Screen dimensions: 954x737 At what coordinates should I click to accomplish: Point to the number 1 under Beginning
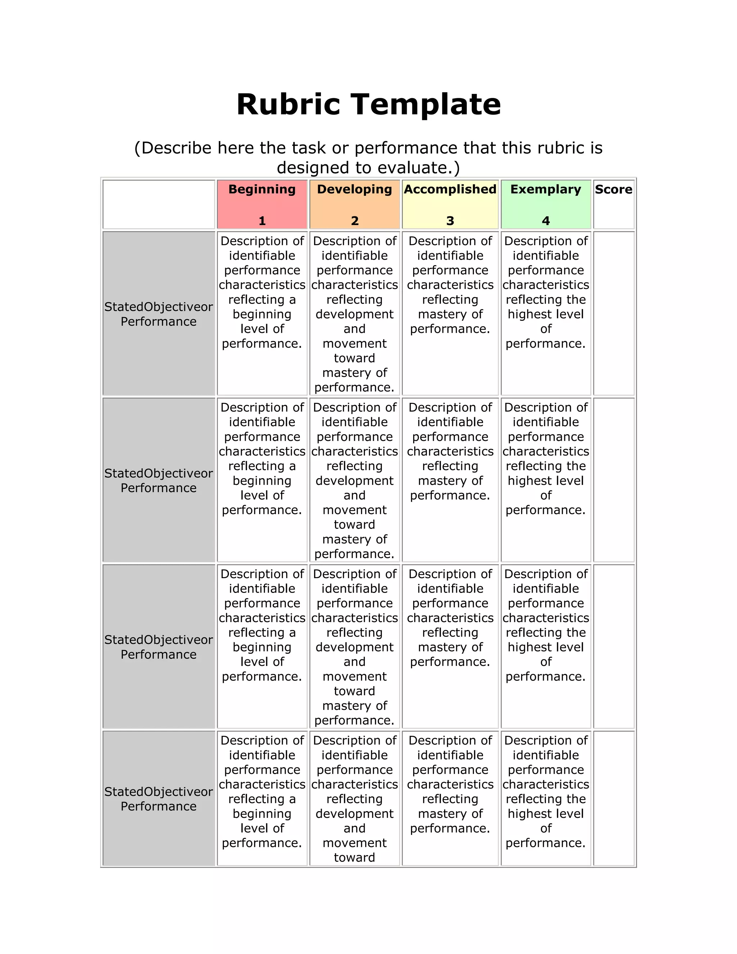click(x=262, y=221)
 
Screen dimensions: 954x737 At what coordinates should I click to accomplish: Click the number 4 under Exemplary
click(x=546, y=221)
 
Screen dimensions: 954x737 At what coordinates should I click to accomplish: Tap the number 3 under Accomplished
click(x=450, y=221)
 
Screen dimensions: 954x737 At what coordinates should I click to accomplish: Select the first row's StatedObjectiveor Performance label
click(x=158, y=314)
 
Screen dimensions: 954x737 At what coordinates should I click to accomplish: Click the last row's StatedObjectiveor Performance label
click(x=158, y=799)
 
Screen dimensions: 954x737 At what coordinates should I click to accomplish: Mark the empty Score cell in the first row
click(x=614, y=313)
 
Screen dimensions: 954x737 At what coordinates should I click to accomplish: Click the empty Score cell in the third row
click(x=614, y=646)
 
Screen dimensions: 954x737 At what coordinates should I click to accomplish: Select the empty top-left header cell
click(x=158, y=204)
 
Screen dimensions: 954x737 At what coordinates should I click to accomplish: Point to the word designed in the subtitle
click(x=311, y=168)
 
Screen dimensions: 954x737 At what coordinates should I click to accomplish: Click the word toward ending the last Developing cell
click(x=354, y=858)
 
